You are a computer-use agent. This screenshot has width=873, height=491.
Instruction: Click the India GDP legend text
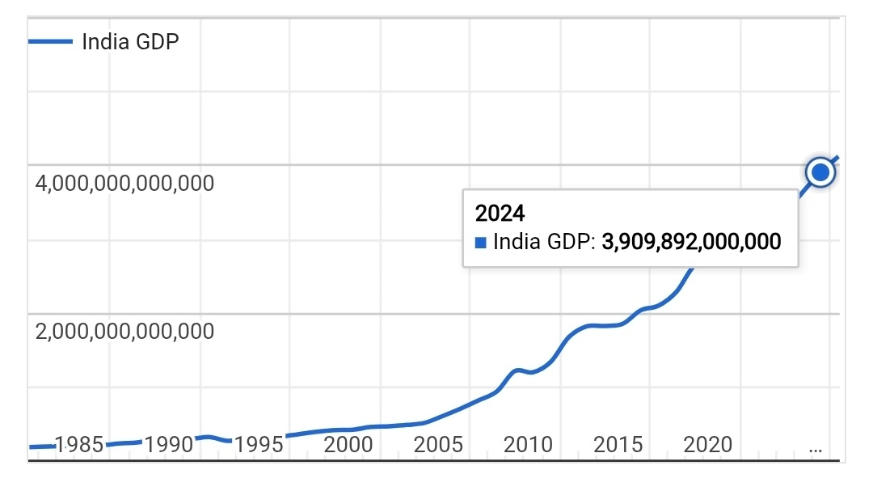(x=130, y=41)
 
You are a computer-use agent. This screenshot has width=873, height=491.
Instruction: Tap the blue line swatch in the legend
(x=50, y=41)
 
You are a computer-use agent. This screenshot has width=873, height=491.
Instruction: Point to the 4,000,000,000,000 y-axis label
(x=125, y=184)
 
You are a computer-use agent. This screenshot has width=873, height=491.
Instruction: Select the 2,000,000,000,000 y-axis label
(x=125, y=332)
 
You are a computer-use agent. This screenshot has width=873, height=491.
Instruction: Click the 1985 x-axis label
(x=78, y=444)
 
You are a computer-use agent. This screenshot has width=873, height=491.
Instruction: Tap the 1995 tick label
(x=259, y=444)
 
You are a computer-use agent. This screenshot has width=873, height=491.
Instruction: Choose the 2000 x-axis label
(x=348, y=444)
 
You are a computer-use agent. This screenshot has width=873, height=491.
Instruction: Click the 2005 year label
(x=437, y=444)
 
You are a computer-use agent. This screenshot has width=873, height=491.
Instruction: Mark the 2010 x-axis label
(x=527, y=444)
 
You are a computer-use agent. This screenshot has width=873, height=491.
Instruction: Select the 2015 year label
(x=617, y=444)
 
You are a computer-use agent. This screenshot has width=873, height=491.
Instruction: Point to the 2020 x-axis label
(x=706, y=444)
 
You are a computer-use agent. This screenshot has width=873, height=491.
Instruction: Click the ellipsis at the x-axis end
(x=816, y=447)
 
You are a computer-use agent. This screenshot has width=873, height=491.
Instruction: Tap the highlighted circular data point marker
(x=820, y=172)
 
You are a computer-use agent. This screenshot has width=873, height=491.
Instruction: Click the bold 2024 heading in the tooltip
(x=500, y=214)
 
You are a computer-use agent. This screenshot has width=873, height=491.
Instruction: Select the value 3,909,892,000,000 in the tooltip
(x=692, y=241)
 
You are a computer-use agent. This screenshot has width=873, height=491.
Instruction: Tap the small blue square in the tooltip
(x=481, y=241)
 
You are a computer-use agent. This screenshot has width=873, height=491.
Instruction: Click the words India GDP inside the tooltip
(x=542, y=241)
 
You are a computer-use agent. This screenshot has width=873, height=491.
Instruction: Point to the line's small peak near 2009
(x=518, y=370)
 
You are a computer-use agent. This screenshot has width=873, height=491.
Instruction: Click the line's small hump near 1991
(x=207, y=437)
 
